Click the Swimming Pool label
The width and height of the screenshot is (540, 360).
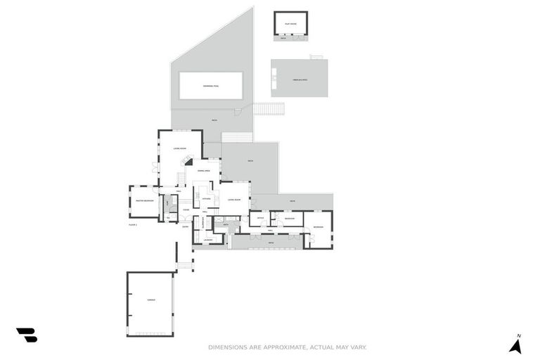211,86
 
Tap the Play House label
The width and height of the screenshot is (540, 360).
290,24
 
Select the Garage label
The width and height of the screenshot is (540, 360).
150,300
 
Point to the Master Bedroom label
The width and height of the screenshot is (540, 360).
144,200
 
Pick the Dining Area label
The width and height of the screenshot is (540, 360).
204,171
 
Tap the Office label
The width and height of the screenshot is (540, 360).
259,219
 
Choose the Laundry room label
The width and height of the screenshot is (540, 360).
208,240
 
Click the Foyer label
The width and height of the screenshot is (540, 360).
186,210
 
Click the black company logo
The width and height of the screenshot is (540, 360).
27,335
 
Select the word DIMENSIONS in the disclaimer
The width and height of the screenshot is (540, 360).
226,347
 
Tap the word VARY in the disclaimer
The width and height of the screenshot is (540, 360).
359,347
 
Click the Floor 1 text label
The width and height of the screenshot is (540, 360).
133,224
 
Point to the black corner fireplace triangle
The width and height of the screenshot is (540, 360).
188,162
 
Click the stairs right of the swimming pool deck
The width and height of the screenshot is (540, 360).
269,109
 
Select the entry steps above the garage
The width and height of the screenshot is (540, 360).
184,265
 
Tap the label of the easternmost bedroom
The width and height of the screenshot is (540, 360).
319,227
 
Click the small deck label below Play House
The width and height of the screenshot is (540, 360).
283,38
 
